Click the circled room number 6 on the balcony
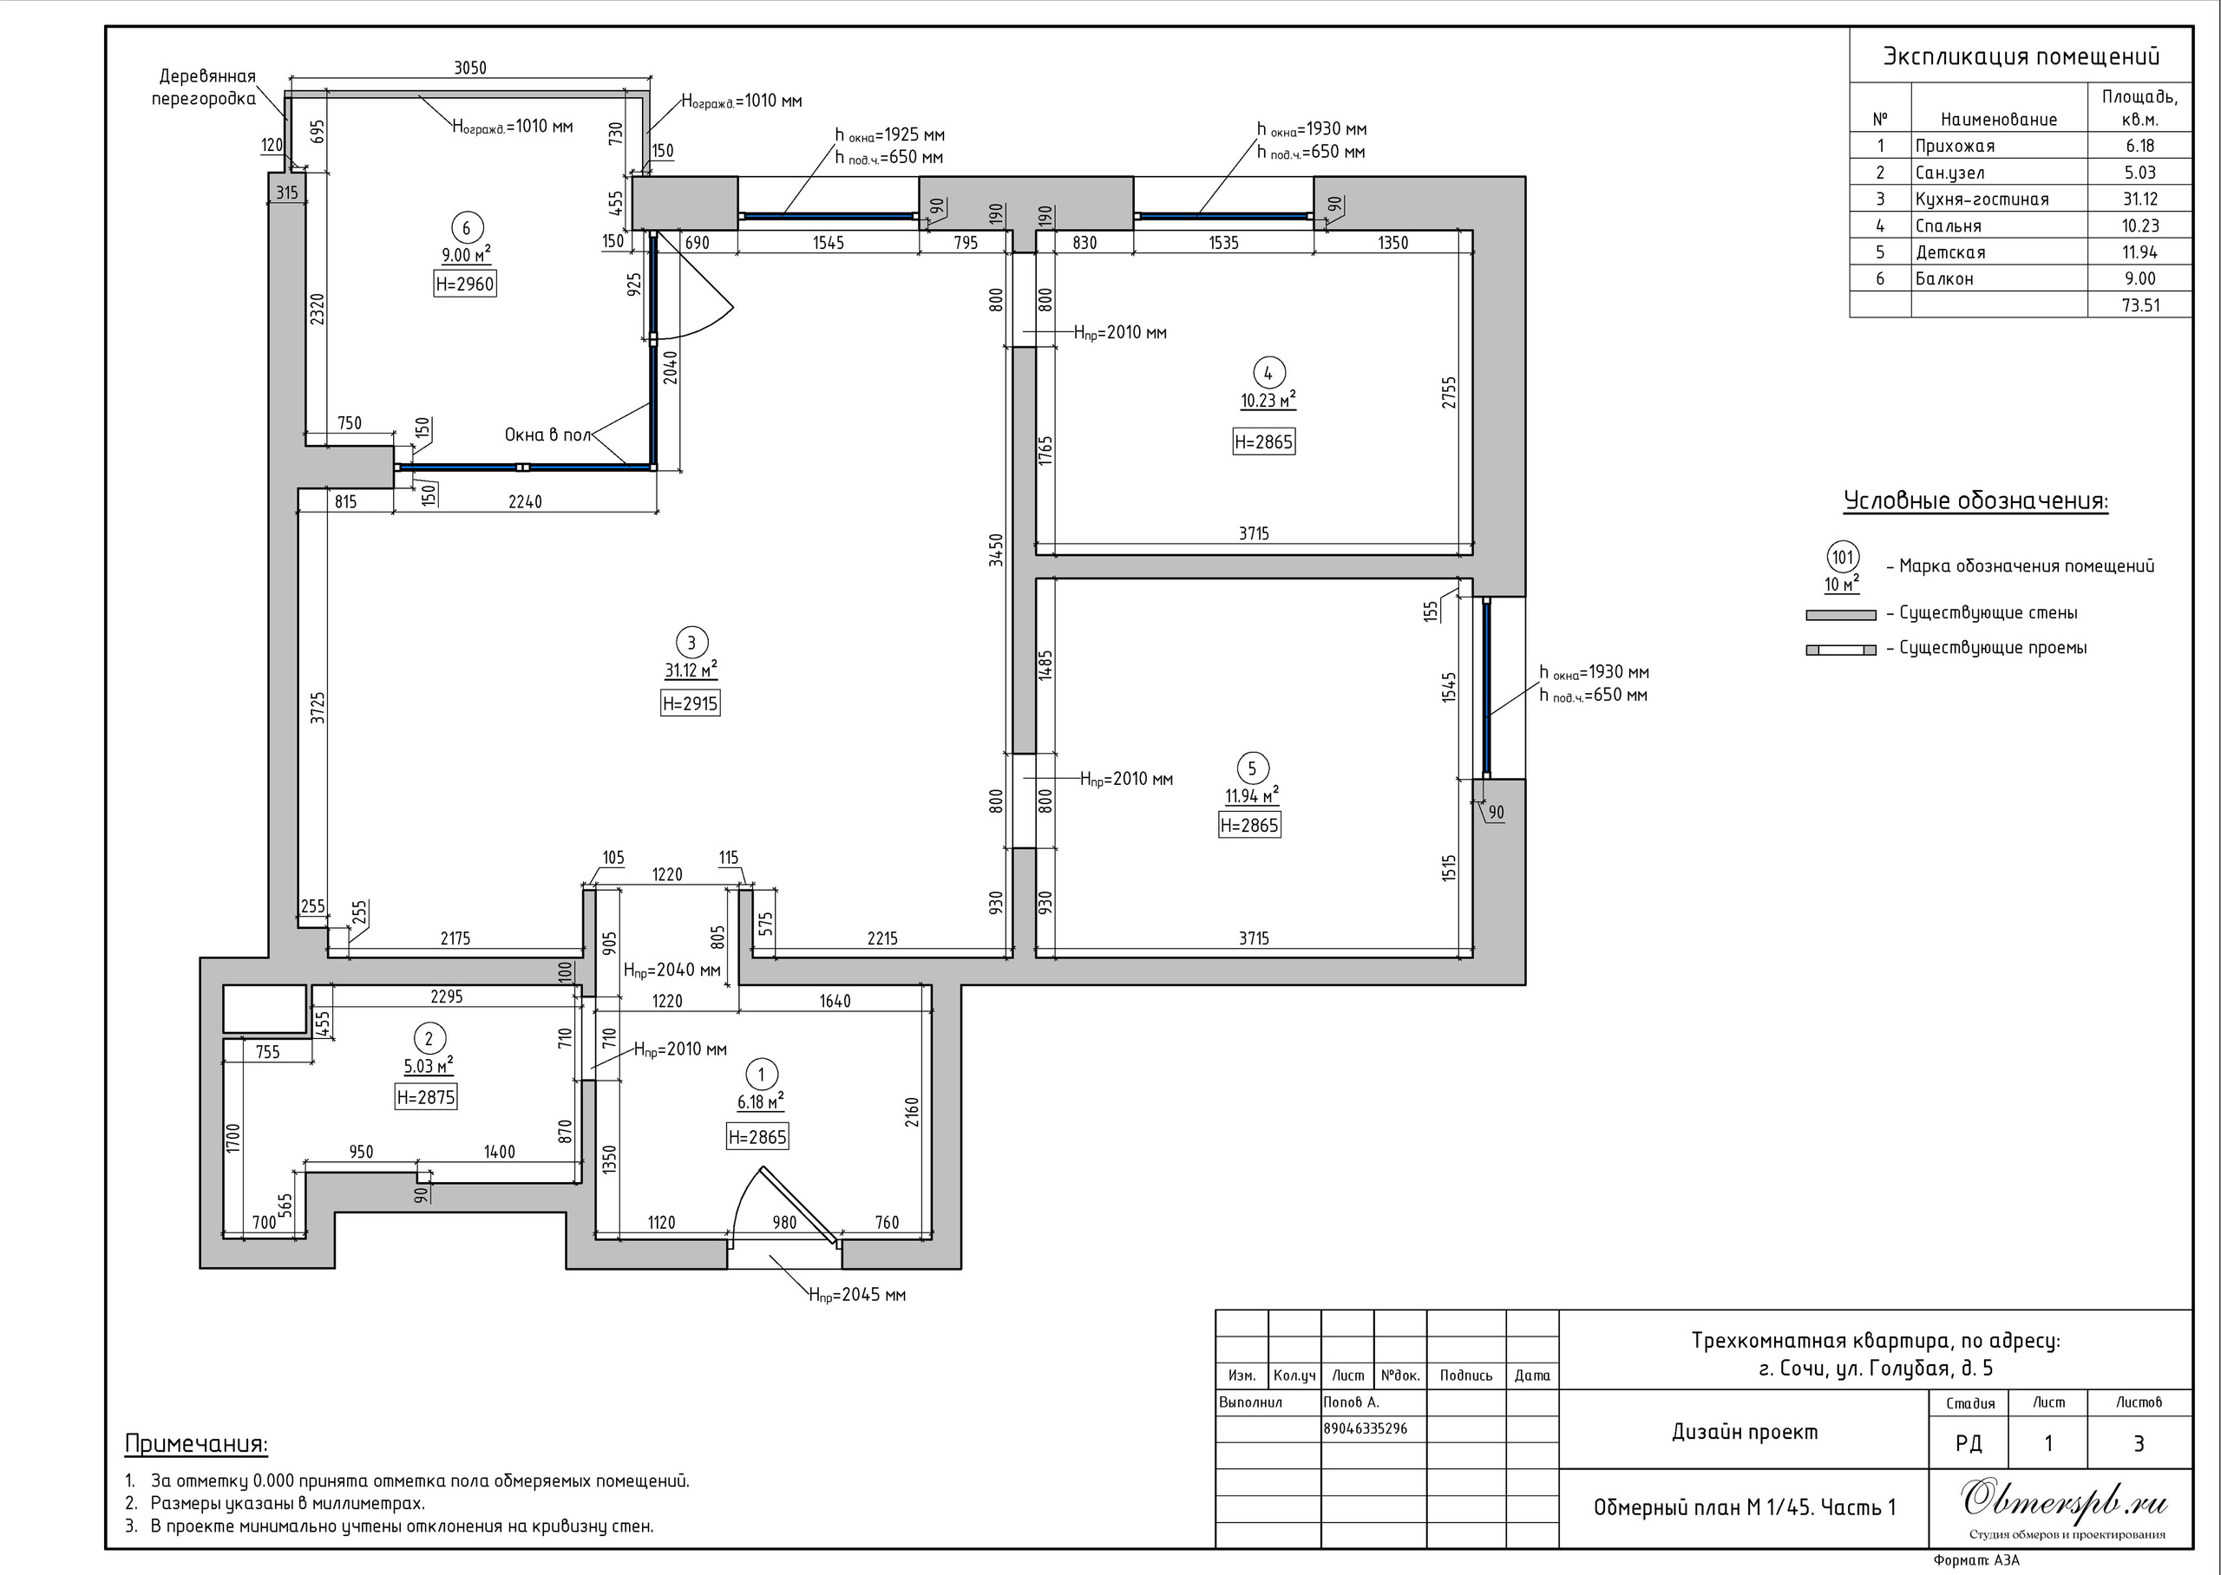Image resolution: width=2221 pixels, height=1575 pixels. coord(467,228)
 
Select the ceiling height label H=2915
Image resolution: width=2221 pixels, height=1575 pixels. coord(690,703)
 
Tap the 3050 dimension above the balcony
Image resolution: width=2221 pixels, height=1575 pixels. coord(470,68)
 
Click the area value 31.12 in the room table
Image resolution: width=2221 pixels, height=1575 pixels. coord(2139,199)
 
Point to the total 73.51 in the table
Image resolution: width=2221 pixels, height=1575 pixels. coord(2139,305)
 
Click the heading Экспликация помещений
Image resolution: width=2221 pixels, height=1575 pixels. coord(2021,56)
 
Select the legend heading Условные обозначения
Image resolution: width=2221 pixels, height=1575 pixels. coord(1975,501)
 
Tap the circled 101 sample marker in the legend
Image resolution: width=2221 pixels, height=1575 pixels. coord(1842,558)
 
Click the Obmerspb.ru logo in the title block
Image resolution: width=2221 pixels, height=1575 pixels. coord(2064,1501)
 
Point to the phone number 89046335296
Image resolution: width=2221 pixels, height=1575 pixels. coord(1365,1428)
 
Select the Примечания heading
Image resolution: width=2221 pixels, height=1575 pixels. coord(196,1444)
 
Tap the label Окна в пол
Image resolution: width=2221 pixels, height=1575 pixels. coord(547,435)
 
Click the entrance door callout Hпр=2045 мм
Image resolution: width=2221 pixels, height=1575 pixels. coord(857,1294)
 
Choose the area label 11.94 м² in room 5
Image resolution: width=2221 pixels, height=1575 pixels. coord(1251,795)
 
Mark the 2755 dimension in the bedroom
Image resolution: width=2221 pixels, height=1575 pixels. coord(1449,392)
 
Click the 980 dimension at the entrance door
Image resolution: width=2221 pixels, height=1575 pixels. coord(783,1222)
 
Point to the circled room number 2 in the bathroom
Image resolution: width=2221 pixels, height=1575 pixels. coord(429,1039)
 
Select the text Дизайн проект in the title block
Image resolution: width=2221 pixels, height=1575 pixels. coord(1745,1433)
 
